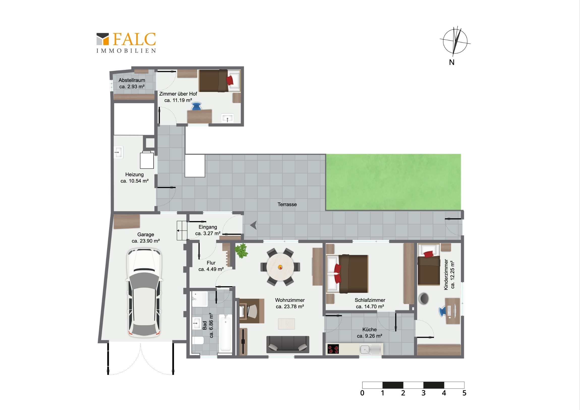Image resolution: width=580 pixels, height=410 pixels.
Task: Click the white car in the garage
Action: (x=144, y=293)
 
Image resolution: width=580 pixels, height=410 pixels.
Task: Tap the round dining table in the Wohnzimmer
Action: (x=280, y=267)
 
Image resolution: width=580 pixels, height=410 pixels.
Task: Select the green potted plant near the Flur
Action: (x=241, y=251)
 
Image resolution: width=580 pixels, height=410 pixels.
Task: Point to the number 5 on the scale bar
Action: (x=464, y=393)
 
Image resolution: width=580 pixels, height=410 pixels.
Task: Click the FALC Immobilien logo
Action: (x=126, y=43)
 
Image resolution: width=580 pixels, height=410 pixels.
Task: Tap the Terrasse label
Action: (x=287, y=204)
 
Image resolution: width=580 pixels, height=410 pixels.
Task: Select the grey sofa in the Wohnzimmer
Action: (x=288, y=344)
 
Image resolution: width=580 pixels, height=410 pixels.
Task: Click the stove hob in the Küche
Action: (x=333, y=349)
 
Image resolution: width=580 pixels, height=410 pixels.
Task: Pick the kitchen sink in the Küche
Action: (x=370, y=349)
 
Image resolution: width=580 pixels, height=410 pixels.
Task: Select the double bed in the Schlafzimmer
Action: (x=347, y=274)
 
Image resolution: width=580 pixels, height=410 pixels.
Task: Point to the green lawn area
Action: (x=393, y=182)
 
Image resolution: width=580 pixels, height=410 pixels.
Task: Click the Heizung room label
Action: (x=134, y=178)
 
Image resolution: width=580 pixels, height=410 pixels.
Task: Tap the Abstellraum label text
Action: (x=132, y=80)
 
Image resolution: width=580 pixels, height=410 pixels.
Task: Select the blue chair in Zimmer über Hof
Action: (x=196, y=106)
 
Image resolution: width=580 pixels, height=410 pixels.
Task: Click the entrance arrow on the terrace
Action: (x=253, y=225)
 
